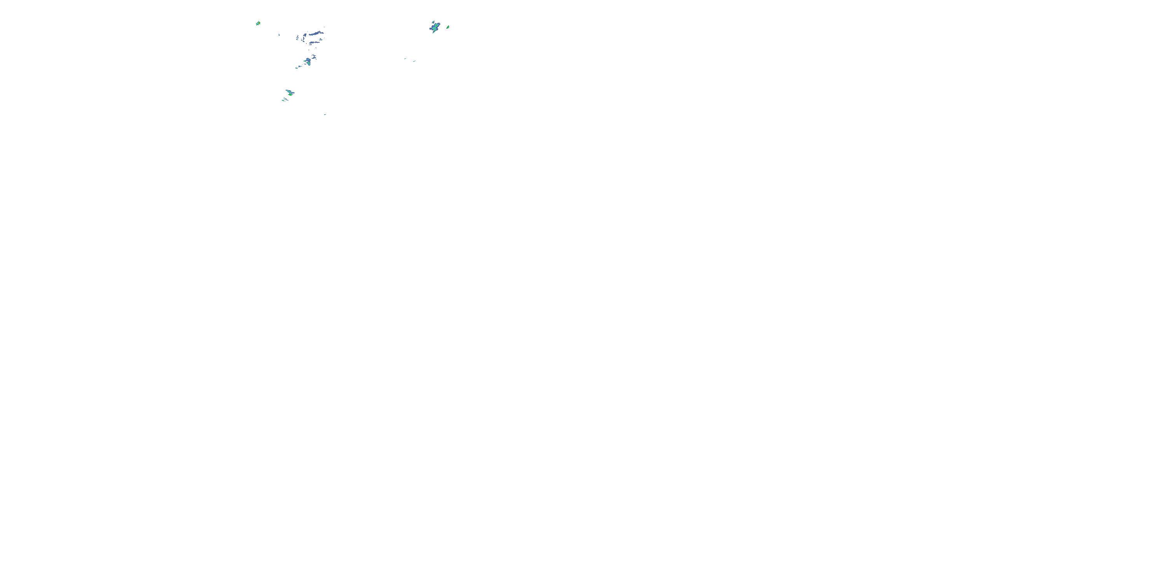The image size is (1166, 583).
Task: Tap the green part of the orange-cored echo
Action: [257, 24]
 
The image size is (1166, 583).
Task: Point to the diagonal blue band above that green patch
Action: [289, 91]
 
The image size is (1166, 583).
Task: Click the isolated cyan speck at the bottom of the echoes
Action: [325, 115]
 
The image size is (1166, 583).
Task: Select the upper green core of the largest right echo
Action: [436, 26]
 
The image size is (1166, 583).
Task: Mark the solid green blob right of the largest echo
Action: [448, 27]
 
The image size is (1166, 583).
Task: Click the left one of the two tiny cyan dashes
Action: [405, 58]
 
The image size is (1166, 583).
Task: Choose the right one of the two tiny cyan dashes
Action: [414, 61]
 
